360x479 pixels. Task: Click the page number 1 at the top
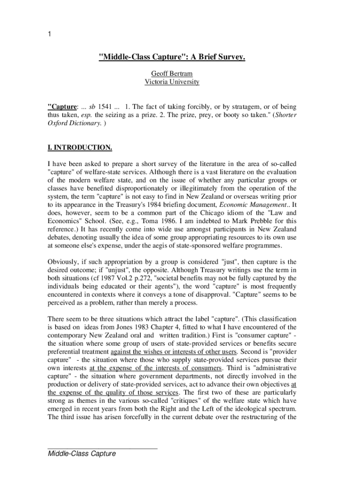tap(50, 34)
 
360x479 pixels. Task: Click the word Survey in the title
tap(230, 57)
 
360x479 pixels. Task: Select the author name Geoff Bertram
tap(172, 74)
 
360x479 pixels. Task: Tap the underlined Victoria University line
tap(172, 82)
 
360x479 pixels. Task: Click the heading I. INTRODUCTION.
tap(79, 148)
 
